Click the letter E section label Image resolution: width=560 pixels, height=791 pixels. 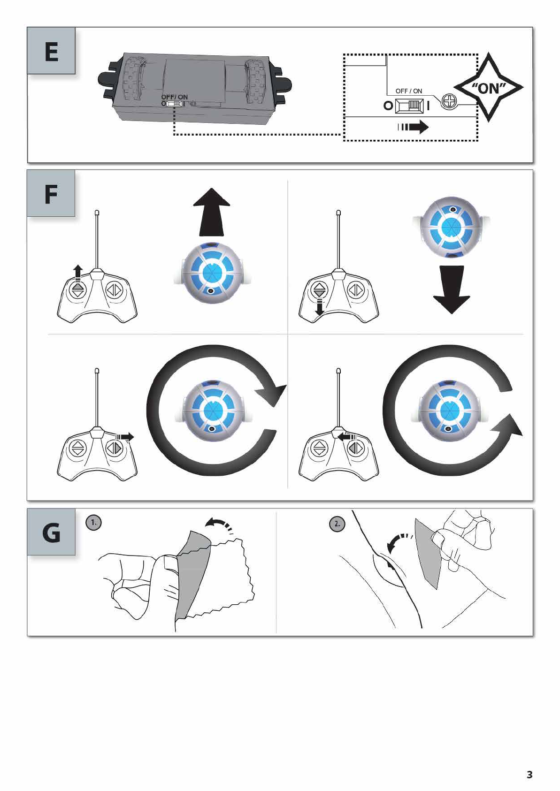tap(51, 51)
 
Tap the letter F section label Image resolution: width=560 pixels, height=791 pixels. tap(51, 194)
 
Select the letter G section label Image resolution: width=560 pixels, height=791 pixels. tap(51, 532)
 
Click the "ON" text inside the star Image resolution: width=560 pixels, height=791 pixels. tap(488, 88)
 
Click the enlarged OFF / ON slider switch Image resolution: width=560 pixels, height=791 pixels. tap(410, 106)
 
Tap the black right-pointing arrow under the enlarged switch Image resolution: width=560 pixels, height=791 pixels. tap(414, 127)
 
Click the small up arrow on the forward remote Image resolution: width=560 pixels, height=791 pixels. tap(78, 272)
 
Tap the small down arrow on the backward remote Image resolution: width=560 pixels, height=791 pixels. tap(320, 308)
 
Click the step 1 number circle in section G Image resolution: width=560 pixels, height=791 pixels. tap(93, 522)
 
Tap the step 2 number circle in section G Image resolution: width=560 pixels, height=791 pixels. tap(337, 524)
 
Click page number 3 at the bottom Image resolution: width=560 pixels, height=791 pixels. tap(529, 775)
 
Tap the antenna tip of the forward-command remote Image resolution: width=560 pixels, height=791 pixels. tap(97, 213)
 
